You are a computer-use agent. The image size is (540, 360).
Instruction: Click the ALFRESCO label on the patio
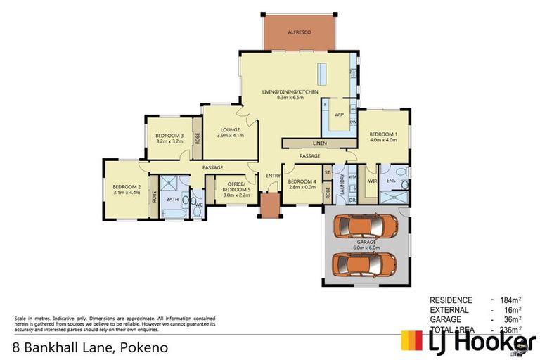(x=299, y=33)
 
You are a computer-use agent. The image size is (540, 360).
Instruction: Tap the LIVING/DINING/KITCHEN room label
(x=290, y=92)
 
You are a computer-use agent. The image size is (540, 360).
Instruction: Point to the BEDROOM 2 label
(x=127, y=186)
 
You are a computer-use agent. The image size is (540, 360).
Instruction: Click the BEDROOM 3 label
(x=169, y=136)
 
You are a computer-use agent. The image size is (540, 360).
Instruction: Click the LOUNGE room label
(x=230, y=129)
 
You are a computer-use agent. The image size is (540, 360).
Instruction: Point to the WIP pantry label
(x=339, y=114)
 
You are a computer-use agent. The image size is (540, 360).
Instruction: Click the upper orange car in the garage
(x=366, y=226)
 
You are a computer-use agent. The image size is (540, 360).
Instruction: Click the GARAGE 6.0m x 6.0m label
(x=366, y=244)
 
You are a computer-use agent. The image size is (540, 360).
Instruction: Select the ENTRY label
(x=272, y=176)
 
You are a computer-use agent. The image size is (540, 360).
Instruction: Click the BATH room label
(x=172, y=199)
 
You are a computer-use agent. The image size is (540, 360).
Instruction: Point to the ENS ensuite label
(x=391, y=181)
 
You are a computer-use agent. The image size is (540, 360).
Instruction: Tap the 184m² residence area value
(x=508, y=300)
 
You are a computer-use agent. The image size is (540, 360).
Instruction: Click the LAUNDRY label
(x=342, y=187)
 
